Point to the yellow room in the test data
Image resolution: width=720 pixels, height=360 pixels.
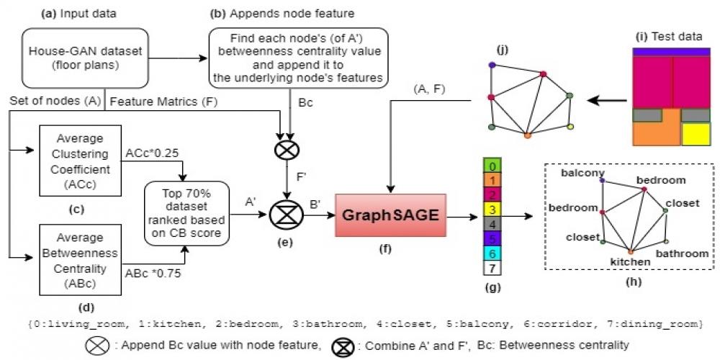click(x=696, y=134)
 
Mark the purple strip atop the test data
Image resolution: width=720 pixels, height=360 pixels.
click(x=671, y=52)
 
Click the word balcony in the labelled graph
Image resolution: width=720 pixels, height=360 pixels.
click(x=581, y=173)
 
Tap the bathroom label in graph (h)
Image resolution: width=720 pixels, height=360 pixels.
click(x=682, y=253)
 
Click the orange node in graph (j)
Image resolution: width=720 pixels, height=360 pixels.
click(x=527, y=135)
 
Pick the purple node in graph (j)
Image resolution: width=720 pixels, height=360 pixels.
click(x=492, y=65)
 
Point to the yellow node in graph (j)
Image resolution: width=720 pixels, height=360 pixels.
click(x=570, y=127)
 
